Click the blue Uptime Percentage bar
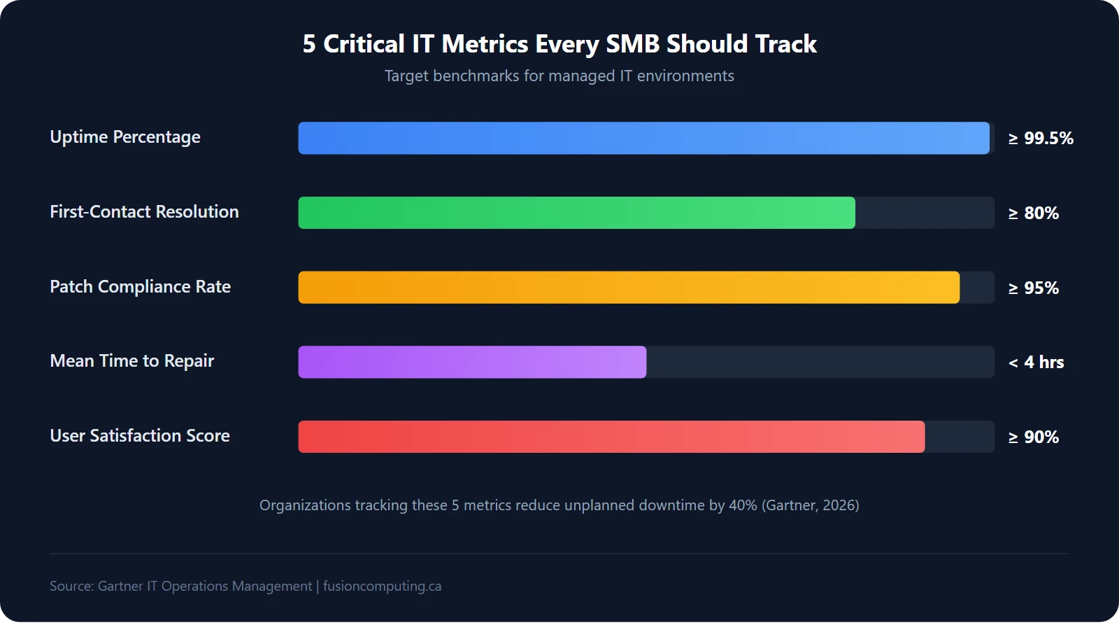pyautogui.click(x=643, y=138)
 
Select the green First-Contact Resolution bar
pyautogui.click(x=576, y=213)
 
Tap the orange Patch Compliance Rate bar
pyautogui.click(x=629, y=287)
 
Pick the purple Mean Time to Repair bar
pyautogui.click(x=472, y=362)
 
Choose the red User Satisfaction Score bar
pyautogui.click(x=611, y=437)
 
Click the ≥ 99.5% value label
pyautogui.click(x=1040, y=139)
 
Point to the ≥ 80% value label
pyautogui.click(x=1033, y=213)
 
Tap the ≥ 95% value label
pyautogui.click(x=1033, y=288)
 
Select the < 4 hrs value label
pyautogui.click(x=1036, y=363)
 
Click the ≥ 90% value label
pyautogui.click(x=1033, y=437)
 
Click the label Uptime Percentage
pyautogui.click(x=125, y=137)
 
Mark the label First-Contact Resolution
pyautogui.click(x=144, y=211)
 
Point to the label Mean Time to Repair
pyautogui.click(x=131, y=361)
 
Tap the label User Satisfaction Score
pyautogui.click(x=140, y=435)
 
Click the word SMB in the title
pyautogui.click(x=632, y=44)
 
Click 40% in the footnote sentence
pyautogui.click(x=743, y=505)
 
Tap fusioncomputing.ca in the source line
pyautogui.click(x=382, y=586)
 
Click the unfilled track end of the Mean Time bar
pyautogui.click(x=818, y=362)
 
